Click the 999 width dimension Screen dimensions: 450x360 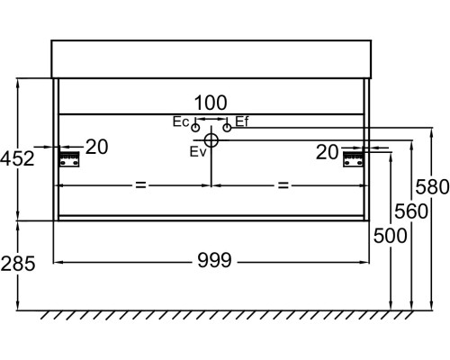click(x=214, y=260)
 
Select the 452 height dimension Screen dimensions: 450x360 click(x=17, y=158)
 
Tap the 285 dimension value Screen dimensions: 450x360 click(x=18, y=264)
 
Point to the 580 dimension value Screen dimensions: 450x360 click(x=432, y=186)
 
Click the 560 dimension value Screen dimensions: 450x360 click(x=411, y=211)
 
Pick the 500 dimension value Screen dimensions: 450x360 click(x=390, y=236)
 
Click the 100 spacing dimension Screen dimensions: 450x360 click(x=211, y=103)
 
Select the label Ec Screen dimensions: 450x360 click(x=181, y=121)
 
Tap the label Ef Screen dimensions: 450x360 click(x=242, y=121)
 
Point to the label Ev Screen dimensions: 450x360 click(x=198, y=152)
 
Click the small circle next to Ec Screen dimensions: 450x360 click(x=195, y=128)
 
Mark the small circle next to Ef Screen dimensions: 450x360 click(x=227, y=128)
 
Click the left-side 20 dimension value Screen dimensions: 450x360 click(x=96, y=147)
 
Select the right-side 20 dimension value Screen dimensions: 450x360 click(x=327, y=152)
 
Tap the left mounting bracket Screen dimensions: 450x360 click(x=69, y=159)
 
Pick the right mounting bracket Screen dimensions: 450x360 click(x=353, y=159)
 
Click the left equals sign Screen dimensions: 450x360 click(x=140, y=184)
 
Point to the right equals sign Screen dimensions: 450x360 click(x=283, y=185)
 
